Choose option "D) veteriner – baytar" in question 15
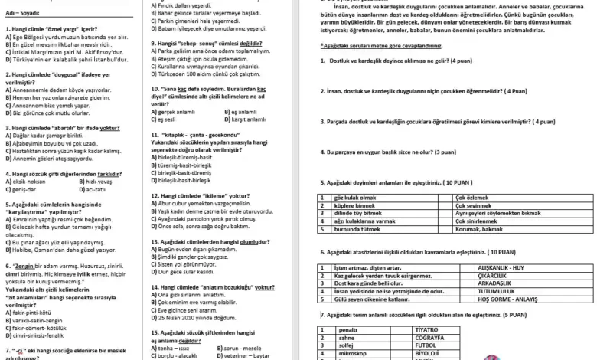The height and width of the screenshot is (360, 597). click(249, 356)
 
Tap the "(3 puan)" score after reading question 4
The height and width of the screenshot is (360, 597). click(446, 152)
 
